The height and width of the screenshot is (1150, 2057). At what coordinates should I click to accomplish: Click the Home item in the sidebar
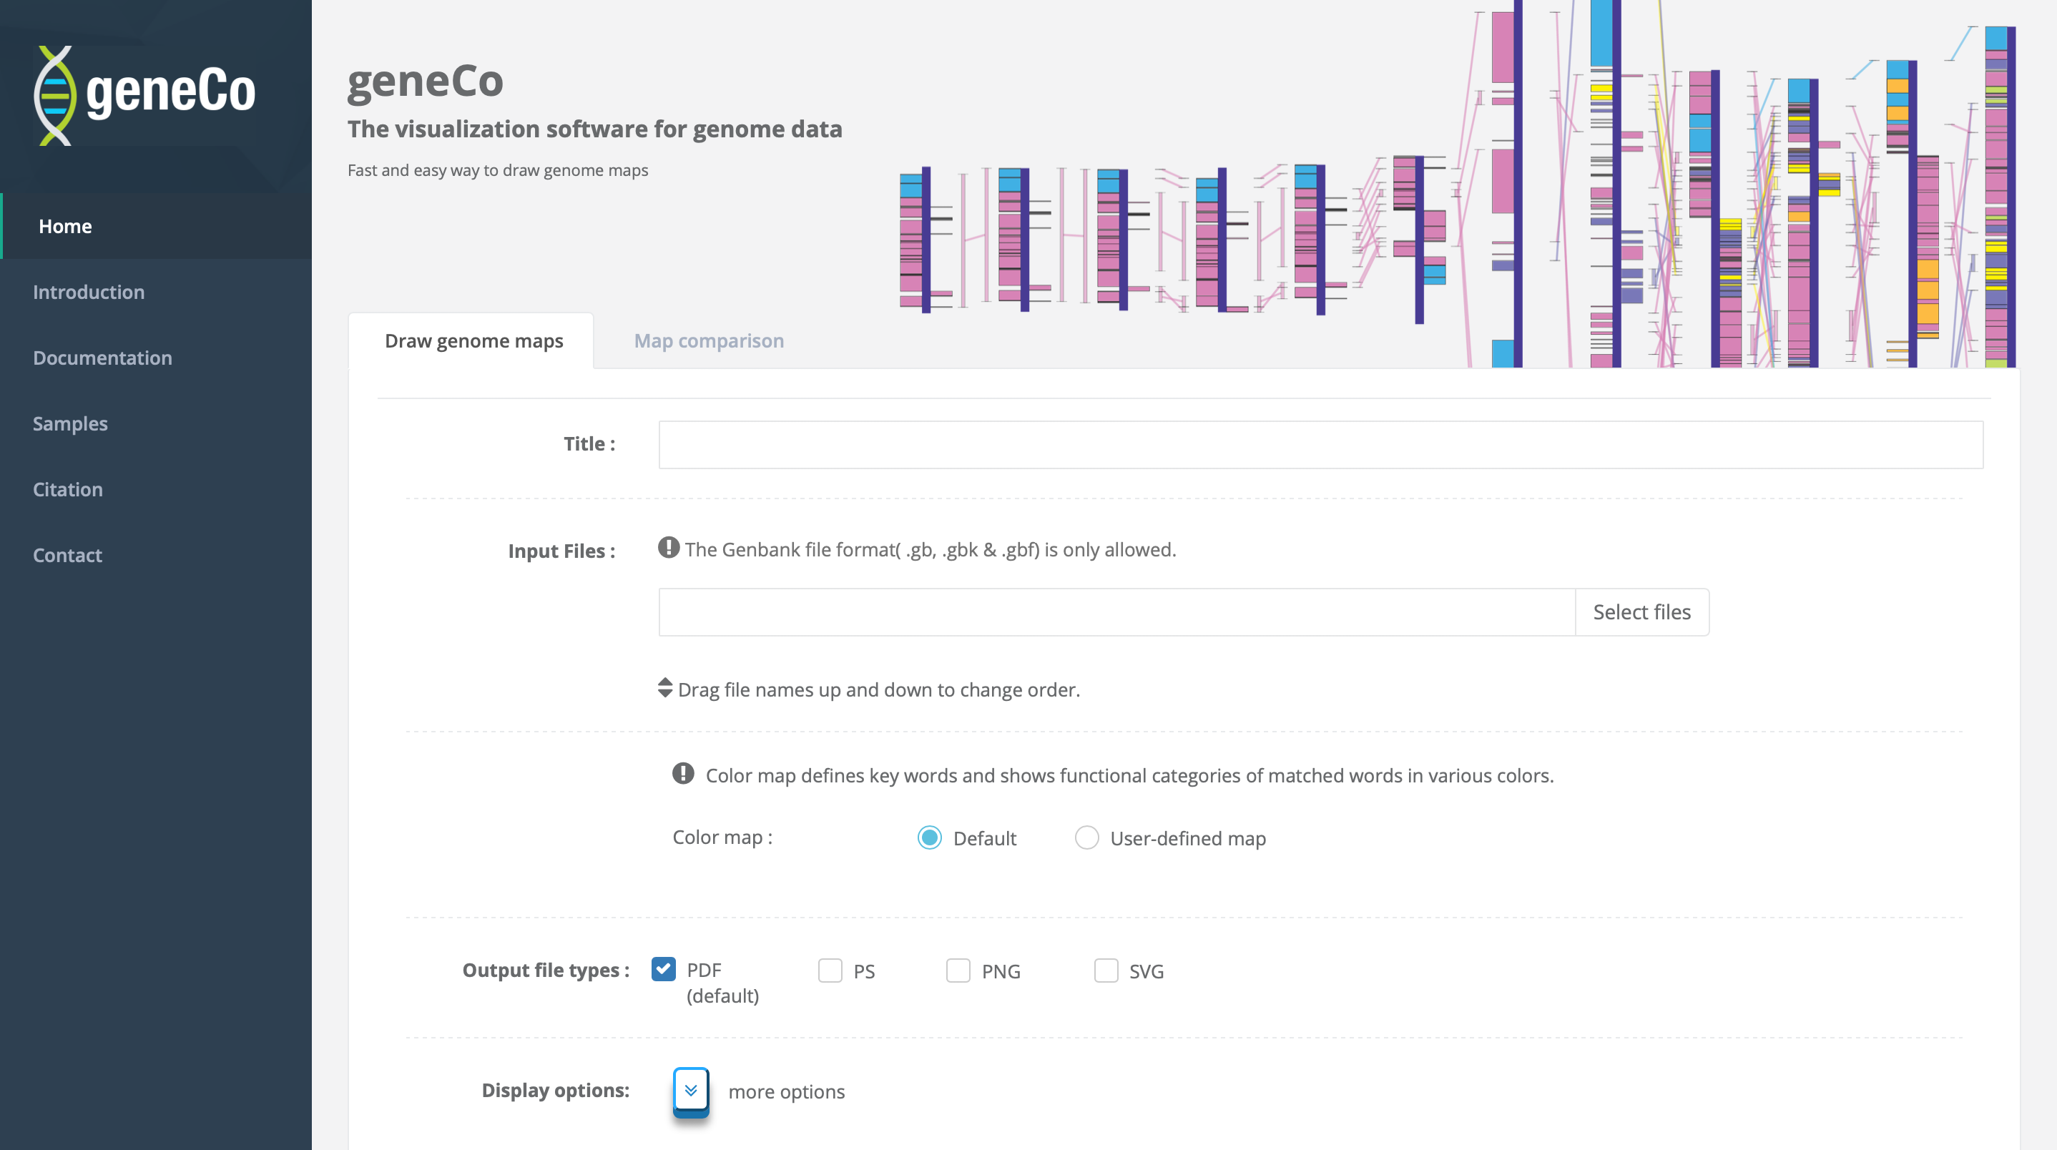(x=66, y=226)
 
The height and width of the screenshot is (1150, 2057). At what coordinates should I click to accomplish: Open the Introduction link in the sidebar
(x=89, y=293)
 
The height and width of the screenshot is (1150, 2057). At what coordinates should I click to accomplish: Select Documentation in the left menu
(x=102, y=358)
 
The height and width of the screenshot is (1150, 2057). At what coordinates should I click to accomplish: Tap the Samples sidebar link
(x=70, y=423)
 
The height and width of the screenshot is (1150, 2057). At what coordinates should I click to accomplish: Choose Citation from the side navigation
(x=68, y=490)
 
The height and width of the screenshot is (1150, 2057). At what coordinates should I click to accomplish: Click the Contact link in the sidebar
(x=67, y=555)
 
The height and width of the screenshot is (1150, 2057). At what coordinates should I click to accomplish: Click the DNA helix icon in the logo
(x=54, y=96)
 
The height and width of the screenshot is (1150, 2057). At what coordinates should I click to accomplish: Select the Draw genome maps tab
(x=473, y=341)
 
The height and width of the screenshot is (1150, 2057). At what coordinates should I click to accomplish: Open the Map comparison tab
(x=708, y=341)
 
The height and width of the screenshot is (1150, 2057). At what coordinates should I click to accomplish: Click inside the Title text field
(x=1320, y=445)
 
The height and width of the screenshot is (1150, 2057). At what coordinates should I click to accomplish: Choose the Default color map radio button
(x=928, y=837)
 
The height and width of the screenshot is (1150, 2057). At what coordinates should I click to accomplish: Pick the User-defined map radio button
(x=1086, y=837)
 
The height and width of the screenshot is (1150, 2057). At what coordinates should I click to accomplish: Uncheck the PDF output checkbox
(x=664, y=970)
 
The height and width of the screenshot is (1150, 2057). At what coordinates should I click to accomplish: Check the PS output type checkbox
(x=830, y=970)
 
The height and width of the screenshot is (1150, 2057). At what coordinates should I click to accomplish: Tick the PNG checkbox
(x=958, y=970)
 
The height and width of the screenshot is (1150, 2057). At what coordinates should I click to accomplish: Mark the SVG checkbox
(x=1105, y=970)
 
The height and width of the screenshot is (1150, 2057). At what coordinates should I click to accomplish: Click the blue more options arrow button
(x=691, y=1090)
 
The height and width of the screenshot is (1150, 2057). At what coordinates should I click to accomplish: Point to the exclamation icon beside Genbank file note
(x=668, y=548)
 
